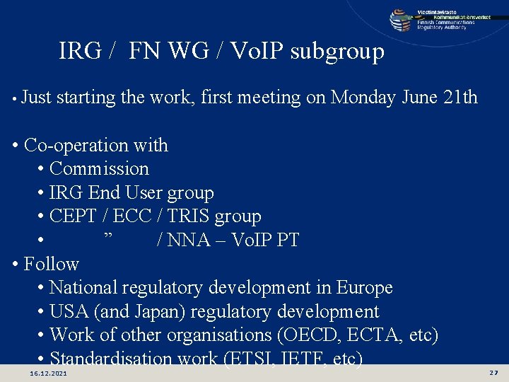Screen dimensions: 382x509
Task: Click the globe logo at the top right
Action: click(401, 20)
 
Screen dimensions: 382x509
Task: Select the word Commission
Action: click(100, 169)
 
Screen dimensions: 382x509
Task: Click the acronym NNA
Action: click(189, 241)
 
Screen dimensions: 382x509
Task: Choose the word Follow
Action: click(51, 265)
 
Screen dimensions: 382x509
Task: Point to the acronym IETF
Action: click(292, 359)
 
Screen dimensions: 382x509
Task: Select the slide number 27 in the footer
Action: click(493, 373)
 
